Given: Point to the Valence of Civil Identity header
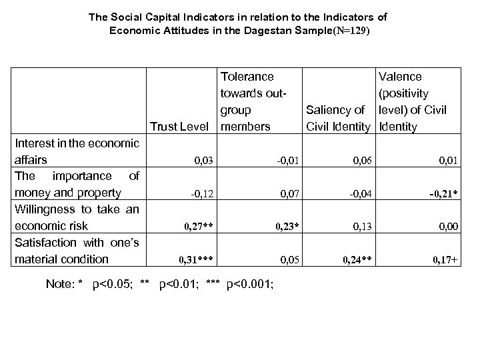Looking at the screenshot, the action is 411,102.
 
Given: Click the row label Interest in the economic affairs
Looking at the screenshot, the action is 77,151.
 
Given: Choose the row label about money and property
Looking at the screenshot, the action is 77,185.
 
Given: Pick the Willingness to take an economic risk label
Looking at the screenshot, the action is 77,217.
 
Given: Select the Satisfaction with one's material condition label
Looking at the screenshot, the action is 77,250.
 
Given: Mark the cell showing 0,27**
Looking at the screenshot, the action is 198,226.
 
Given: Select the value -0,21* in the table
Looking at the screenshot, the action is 443,193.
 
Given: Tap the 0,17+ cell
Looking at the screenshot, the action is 445,259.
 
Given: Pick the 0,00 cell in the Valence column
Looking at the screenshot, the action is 449,226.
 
